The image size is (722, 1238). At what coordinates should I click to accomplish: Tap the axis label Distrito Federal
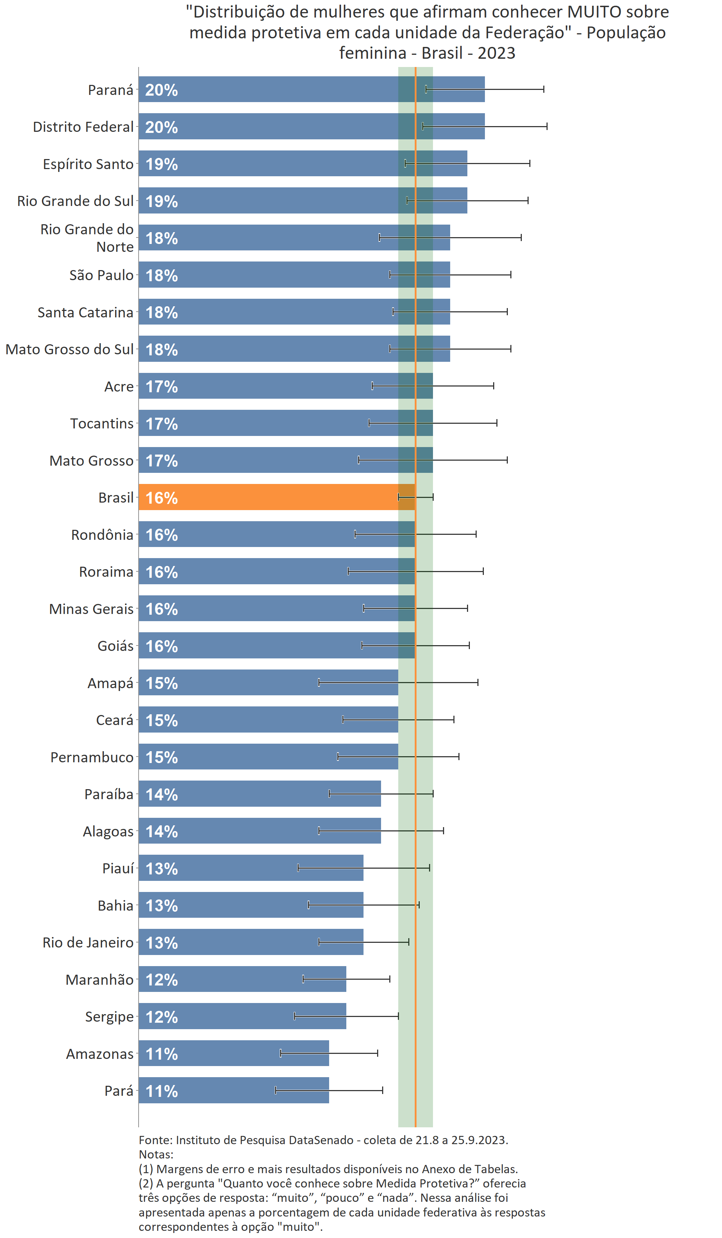tap(83, 127)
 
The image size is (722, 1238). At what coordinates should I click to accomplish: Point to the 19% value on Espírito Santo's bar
tap(162, 164)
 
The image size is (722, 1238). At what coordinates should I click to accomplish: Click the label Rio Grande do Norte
tap(87, 238)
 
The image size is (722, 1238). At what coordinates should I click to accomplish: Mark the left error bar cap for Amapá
tap(319, 682)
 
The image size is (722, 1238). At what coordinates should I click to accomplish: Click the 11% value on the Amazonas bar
tap(162, 1054)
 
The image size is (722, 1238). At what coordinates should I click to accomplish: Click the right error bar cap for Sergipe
tap(398, 1016)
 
